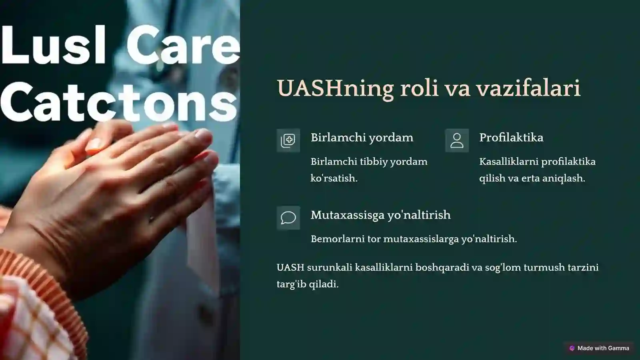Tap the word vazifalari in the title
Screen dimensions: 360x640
(528, 88)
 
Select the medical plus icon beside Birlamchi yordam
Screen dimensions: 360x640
(288, 140)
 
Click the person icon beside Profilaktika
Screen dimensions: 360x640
(457, 140)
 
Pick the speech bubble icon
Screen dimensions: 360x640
(288, 218)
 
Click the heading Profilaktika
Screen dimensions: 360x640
(511, 138)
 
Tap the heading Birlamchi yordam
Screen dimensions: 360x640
(362, 138)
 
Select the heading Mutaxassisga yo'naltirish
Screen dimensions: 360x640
(380, 215)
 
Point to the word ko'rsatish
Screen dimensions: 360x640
(334, 178)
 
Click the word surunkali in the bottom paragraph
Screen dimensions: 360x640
(330, 268)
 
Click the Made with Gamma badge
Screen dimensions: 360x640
(599, 348)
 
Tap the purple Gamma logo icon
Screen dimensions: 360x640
(572, 348)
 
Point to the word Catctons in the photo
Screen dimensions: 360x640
(118, 102)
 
